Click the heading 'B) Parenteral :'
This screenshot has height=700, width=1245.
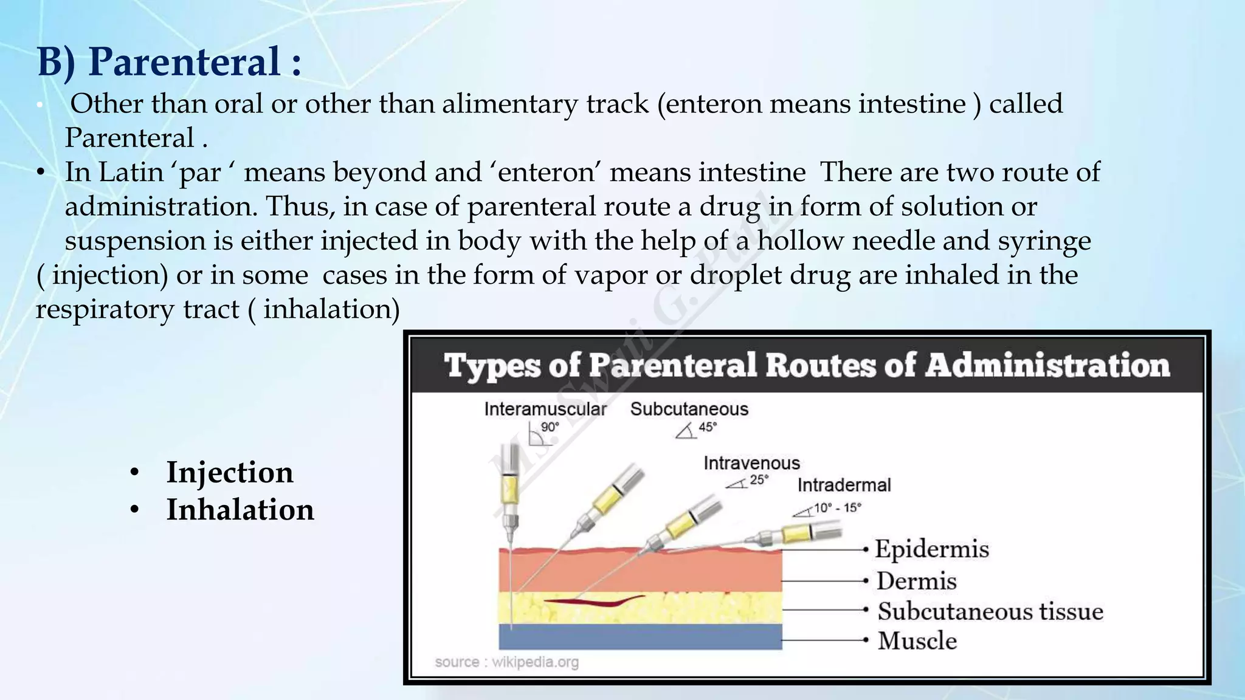170,61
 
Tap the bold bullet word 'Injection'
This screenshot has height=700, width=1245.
230,472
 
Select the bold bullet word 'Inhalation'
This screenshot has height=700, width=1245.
240,509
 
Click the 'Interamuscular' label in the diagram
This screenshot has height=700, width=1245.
545,409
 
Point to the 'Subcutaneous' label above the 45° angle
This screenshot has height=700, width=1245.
689,409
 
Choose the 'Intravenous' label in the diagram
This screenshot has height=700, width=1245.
751,463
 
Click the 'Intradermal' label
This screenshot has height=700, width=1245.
844,485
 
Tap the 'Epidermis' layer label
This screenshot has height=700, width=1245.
932,549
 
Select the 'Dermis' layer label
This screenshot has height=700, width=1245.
917,581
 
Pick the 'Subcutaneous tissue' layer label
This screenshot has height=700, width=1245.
990,611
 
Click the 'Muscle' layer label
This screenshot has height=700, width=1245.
917,640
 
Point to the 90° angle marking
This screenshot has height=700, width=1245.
549,427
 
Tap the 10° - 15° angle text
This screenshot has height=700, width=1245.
837,507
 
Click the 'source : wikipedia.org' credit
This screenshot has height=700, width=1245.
506,662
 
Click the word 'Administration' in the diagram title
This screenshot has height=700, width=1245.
1047,366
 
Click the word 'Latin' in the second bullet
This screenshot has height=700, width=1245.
131,172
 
